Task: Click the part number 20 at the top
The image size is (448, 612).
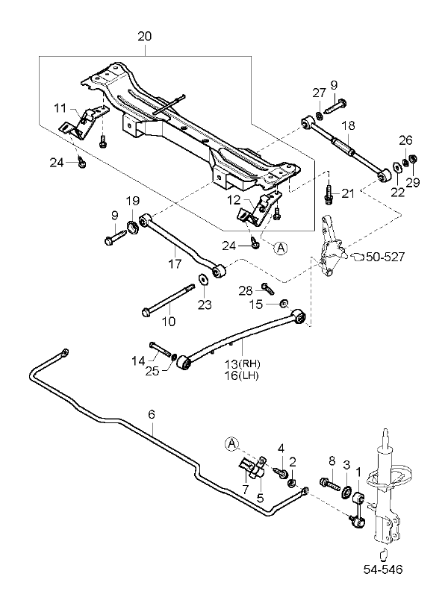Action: (145, 35)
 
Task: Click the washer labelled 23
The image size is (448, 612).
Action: (203, 281)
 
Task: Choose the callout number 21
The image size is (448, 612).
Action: (348, 194)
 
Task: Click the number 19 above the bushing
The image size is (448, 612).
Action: (132, 201)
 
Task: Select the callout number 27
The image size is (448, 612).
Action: (320, 93)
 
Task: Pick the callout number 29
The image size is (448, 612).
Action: (413, 181)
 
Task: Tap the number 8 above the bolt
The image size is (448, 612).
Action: (332, 463)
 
